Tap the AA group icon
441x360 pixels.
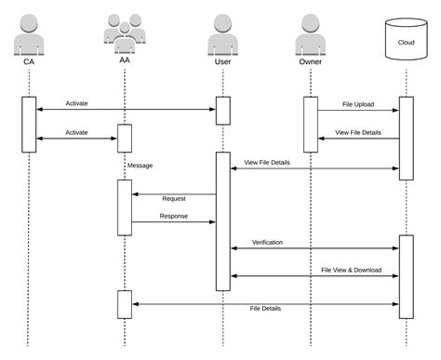(x=124, y=33)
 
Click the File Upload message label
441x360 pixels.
(x=358, y=104)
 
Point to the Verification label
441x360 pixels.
(x=267, y=242)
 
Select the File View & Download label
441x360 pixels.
(x=351, y=270)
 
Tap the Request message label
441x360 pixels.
(x=174, y=198)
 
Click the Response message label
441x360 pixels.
(x=174, y=216)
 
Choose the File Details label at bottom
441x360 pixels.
(x=265, y=308)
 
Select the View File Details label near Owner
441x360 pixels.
(x=357, y=132)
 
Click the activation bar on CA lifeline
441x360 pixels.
(x=28, y=124)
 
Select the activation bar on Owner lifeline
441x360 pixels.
(x=310, y=124)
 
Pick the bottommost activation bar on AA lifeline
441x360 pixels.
(x=124, y=303)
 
